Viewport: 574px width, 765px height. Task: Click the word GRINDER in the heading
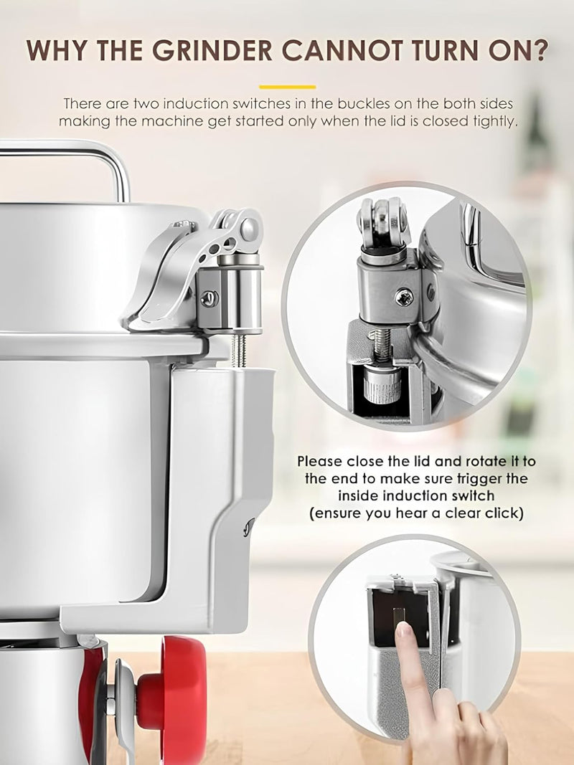(x=212, y=49)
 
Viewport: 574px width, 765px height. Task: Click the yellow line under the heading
(x=288, y=87)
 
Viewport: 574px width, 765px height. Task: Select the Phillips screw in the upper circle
(x=404, y=297)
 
